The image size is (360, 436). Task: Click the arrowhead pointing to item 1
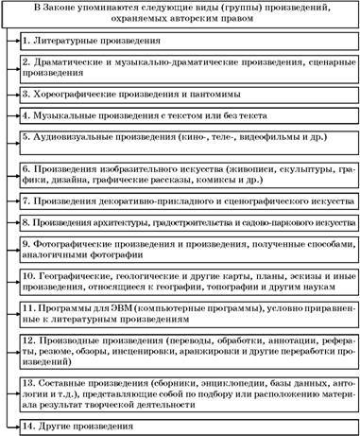19,43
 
